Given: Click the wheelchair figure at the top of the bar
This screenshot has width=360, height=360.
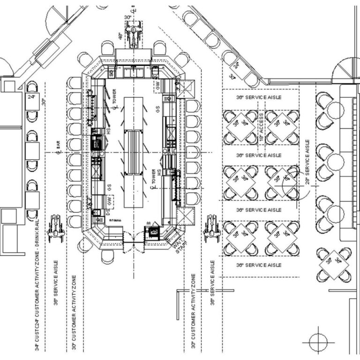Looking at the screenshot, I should (135, 35).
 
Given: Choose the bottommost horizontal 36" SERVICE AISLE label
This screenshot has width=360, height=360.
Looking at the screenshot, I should (259, 265).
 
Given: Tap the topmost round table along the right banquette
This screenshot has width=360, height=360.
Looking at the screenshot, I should (335, 111).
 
